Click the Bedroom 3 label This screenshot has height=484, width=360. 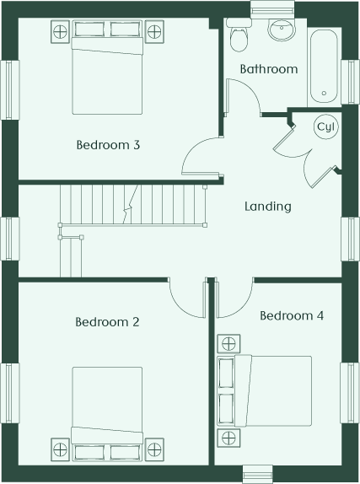coord(108,145)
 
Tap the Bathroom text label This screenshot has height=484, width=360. coord(269,69)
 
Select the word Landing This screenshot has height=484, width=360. coord(268,207)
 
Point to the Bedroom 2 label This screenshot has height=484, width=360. coord(107,322)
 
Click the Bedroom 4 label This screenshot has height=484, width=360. coord(292,315)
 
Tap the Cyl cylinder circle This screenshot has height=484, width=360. coord(326,126)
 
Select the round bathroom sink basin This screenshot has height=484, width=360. coord(282,30)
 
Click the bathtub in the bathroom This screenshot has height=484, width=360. coord(324,67)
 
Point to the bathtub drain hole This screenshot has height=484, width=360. coord(324,93)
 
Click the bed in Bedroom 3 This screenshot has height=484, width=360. coord(107,67)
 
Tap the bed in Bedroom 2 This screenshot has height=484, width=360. coord(107,414)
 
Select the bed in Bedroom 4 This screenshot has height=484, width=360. coord(265,391)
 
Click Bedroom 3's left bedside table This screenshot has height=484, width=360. coord(60,31)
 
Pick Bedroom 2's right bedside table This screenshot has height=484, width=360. coord(154,449)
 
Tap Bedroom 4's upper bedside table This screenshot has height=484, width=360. coord(228,343)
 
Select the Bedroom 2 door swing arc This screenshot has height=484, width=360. coord(180,304)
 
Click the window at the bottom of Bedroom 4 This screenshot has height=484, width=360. coord(257,475)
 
